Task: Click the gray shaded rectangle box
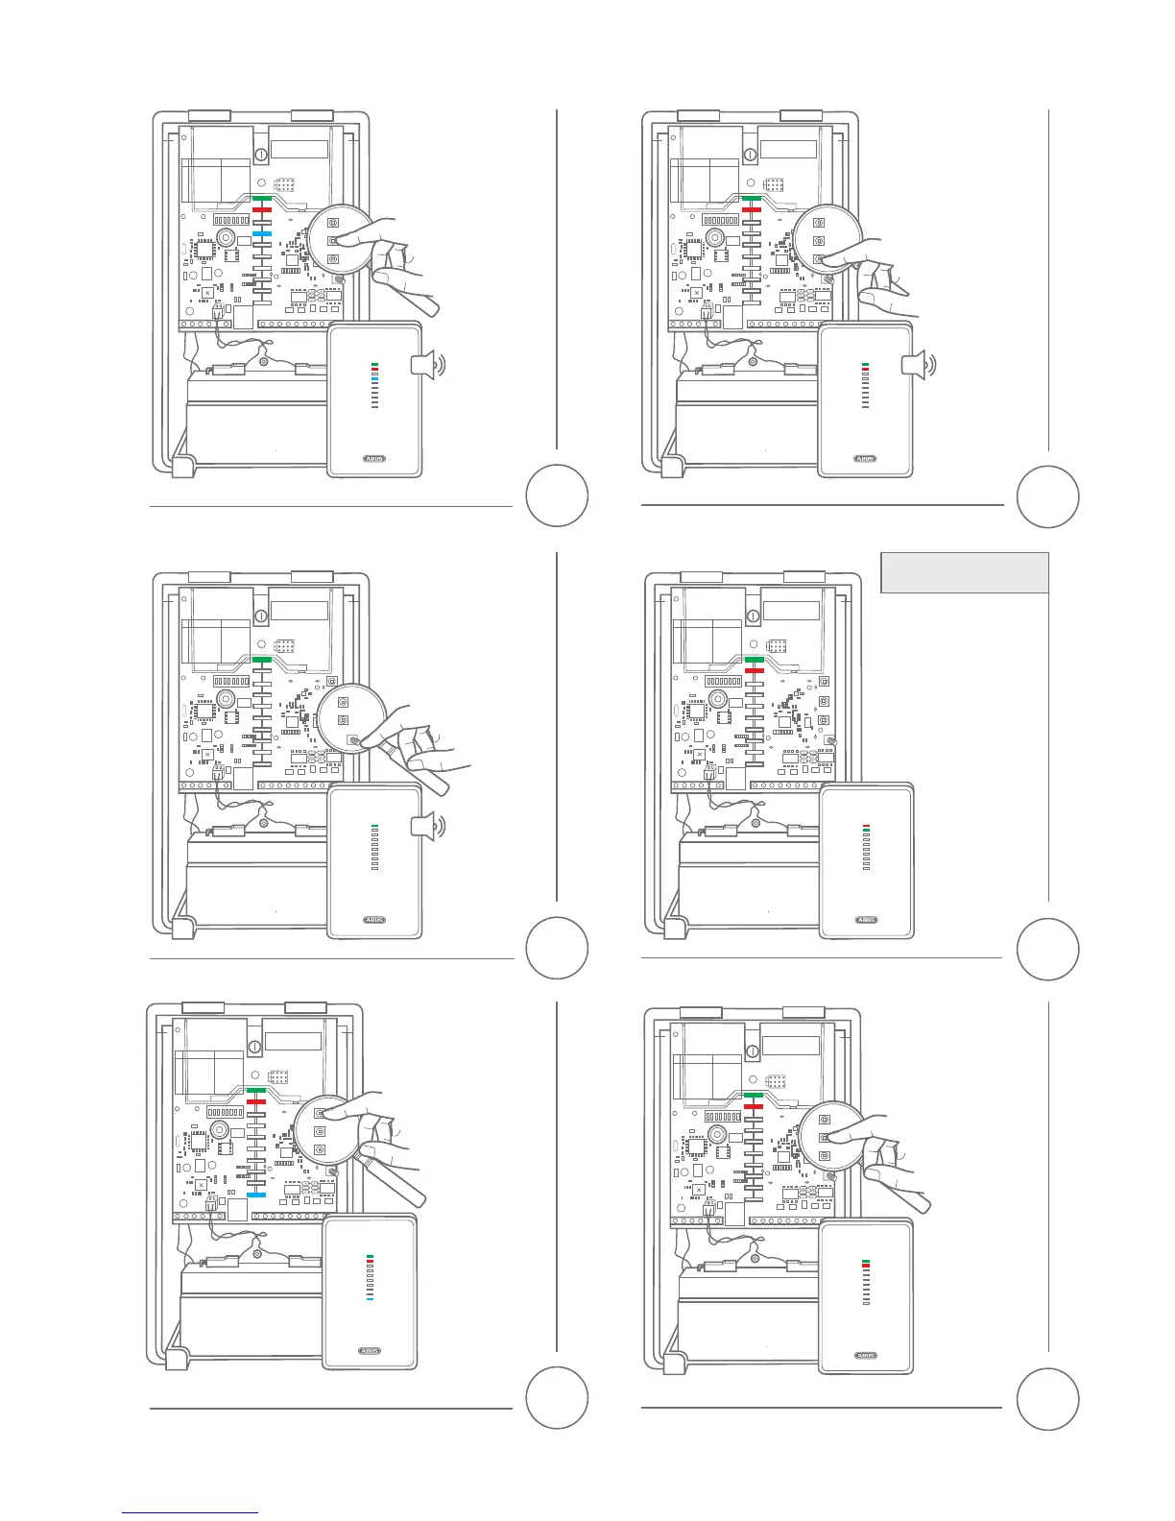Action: tap(964, 572)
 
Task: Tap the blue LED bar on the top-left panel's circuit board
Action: tap(262, 233)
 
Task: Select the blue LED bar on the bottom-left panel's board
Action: tap(256, 1195)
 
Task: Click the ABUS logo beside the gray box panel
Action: tap(866, 920)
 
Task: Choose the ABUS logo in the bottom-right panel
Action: tap(866, 1356)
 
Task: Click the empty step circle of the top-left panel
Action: tap(558, 495)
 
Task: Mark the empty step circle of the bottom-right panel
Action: tap(1048, 1399)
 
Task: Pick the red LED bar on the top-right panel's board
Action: tap(753, 209)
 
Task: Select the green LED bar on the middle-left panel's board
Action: tap(262, 659)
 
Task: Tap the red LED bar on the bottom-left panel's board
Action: tap(255, 1102)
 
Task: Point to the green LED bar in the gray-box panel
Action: tap(754, 659)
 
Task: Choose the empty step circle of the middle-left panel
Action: tap(558, 948)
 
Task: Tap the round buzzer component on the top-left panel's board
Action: tap(225, 237)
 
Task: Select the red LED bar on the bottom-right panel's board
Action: tap(753, 1108)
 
